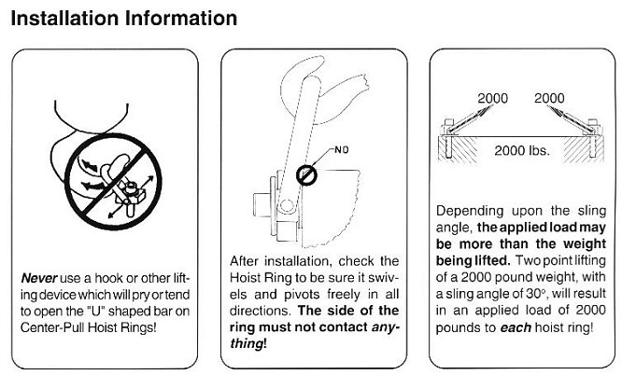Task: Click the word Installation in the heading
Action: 64,19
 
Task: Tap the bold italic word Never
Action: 39,278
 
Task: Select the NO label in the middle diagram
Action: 342,150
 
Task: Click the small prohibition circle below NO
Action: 306,175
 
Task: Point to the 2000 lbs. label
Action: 522,150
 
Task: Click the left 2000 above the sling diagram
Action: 493,98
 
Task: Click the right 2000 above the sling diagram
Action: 549,98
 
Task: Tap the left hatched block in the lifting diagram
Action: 458,149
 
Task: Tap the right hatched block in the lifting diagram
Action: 584,149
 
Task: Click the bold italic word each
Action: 516,327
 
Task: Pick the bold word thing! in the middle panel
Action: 248,343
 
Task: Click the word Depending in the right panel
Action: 470,211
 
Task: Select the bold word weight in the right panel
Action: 585,244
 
